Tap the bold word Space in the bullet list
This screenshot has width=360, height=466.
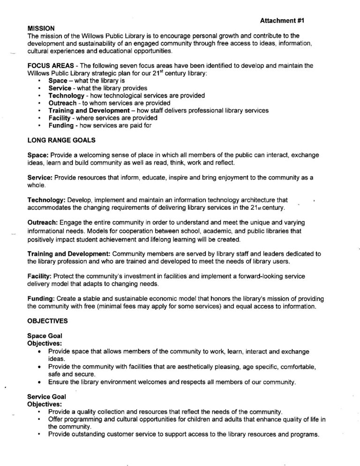tap(58, 81)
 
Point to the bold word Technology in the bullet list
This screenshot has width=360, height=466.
tap(66, 96)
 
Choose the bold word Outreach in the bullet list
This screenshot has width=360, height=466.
tap(64, 103)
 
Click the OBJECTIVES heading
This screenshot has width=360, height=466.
tap(48, 322)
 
